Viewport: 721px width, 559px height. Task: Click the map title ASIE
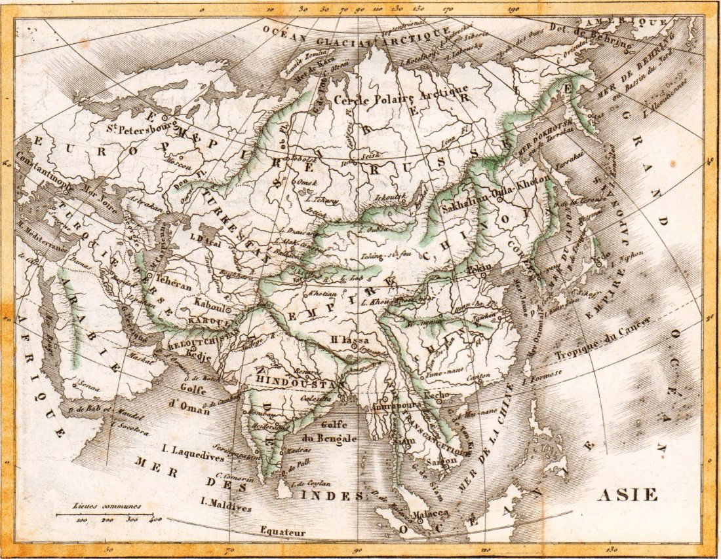coord(627,494)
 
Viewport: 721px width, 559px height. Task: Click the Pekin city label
coord(486,268)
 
